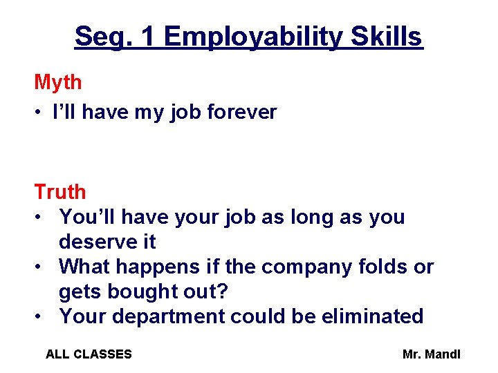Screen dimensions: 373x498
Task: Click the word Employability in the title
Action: [x=253, y=37]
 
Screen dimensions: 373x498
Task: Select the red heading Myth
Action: [x=58, y=83]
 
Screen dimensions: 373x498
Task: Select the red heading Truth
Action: [x=60, y=192]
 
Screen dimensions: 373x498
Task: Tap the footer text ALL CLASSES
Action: [x=89, y=354]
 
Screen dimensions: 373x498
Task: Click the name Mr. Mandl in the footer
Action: [x=431, y=354]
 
